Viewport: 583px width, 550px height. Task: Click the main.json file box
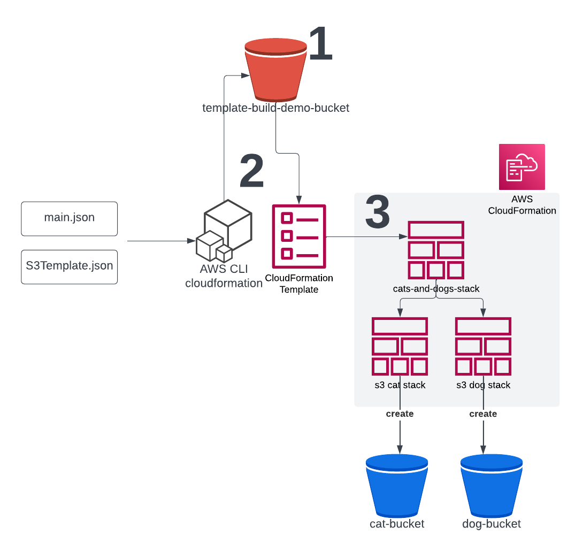tap(69, 218)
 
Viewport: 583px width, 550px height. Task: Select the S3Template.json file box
tap(69, 266)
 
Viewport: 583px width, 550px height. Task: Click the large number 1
tap(320, 44)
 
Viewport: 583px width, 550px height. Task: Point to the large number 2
tap(251, 171)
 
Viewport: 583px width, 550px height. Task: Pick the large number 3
tap(378, 212)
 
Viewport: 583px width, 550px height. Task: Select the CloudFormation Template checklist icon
tap(299, 236)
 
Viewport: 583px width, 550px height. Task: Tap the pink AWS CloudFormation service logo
tap(521, 167)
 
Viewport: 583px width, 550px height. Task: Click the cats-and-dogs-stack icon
tap(436, 250)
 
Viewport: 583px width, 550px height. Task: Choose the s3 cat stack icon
tap(400, 346)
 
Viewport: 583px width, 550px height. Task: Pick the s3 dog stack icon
tap(483, 346)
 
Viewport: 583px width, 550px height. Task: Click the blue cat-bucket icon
tap(397, 485)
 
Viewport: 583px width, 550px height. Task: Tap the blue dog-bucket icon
tap(491, 485)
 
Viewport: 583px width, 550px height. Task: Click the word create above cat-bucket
tap(400, 414)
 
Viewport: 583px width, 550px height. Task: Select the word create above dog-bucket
tap(483, 414)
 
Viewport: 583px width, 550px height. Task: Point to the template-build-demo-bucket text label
tap(275, 108)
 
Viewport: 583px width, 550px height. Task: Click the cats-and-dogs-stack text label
tap(436, 289)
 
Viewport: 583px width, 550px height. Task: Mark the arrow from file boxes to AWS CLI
tap(160, 241)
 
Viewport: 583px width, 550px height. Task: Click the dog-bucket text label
tap(491, 524)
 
